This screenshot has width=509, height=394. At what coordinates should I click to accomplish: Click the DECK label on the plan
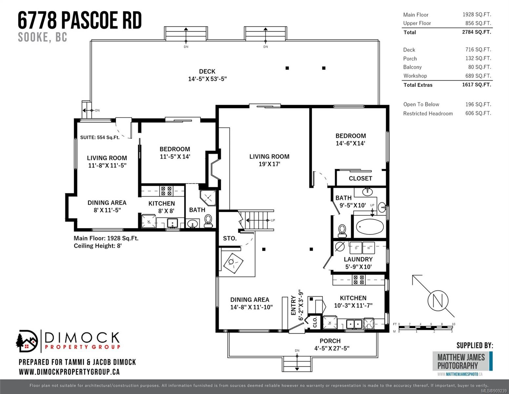207,71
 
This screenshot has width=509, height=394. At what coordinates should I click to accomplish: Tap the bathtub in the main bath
370,227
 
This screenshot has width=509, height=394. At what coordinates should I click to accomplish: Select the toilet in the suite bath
208,221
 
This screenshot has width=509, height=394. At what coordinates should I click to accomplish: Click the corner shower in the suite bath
208,198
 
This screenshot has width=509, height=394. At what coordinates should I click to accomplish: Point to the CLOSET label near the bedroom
360,178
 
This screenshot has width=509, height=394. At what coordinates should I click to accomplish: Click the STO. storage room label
230,238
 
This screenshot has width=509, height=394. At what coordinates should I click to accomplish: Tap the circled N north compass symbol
438,300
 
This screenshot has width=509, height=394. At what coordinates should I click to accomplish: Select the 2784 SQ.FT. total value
477,32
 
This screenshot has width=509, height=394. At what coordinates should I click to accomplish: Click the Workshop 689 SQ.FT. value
478,76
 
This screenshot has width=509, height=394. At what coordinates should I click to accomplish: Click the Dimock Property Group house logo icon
27,341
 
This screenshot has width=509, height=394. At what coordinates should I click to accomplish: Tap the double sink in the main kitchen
354,324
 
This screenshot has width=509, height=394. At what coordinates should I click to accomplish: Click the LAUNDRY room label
358,259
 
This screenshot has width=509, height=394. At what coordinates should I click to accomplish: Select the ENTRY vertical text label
293,305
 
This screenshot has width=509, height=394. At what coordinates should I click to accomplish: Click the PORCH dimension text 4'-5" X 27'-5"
332,348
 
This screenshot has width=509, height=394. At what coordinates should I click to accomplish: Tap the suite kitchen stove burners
166,191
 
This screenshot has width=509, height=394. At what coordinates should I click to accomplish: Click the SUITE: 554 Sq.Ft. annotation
100,137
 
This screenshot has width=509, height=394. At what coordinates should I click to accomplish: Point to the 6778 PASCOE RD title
80,20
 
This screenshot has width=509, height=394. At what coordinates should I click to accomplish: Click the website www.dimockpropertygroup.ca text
69,372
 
